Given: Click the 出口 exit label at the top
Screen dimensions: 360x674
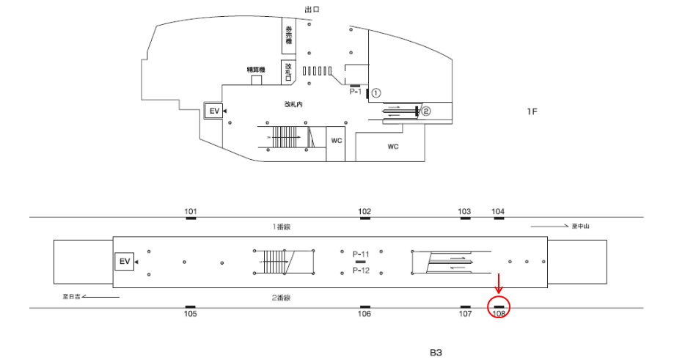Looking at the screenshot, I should (x=312, y=9).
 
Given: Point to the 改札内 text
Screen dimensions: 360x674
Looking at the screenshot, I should (x=294, y=105).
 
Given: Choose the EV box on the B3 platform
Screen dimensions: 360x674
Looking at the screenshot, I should (x=124, y=261).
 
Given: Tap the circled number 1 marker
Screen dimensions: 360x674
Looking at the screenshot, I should (x=376, y=93).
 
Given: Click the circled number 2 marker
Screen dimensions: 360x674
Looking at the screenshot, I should (x=425, y=111).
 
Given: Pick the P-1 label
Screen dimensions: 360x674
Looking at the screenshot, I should (x=356, y=92).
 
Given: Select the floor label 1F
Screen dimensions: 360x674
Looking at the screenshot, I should (x=532, y=111).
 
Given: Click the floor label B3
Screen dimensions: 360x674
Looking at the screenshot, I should (x=436, y=352).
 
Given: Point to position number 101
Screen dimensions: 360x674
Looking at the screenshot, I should (x=191, y=212).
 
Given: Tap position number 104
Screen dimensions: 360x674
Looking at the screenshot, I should (x=498, y=212).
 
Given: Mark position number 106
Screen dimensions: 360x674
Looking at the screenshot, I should (x=365, y=314).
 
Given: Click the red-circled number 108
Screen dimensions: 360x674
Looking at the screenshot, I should (x=499, y=313).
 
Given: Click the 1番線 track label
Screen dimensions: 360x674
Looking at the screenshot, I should (x=282, y=227).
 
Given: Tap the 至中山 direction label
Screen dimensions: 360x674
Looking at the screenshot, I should (x=581, y=227).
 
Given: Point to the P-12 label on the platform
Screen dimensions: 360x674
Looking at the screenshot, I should (x=360, y=271).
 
